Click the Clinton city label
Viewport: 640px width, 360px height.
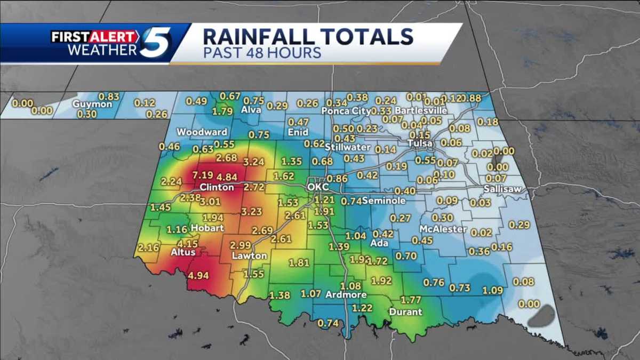pos(217,188)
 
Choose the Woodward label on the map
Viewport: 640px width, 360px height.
pos(202,132)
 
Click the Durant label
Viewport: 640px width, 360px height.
pos(406,312)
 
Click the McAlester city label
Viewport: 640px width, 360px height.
pos(443,229)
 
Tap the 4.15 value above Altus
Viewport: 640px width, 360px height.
pos(188,243)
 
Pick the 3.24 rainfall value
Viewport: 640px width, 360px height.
pos(254,162)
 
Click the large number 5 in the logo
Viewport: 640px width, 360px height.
pos(156,43)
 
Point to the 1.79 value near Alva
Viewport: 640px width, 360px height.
pos(222,112)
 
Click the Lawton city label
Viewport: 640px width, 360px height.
pos(249,256)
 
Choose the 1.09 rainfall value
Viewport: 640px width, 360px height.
pos(492,290)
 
